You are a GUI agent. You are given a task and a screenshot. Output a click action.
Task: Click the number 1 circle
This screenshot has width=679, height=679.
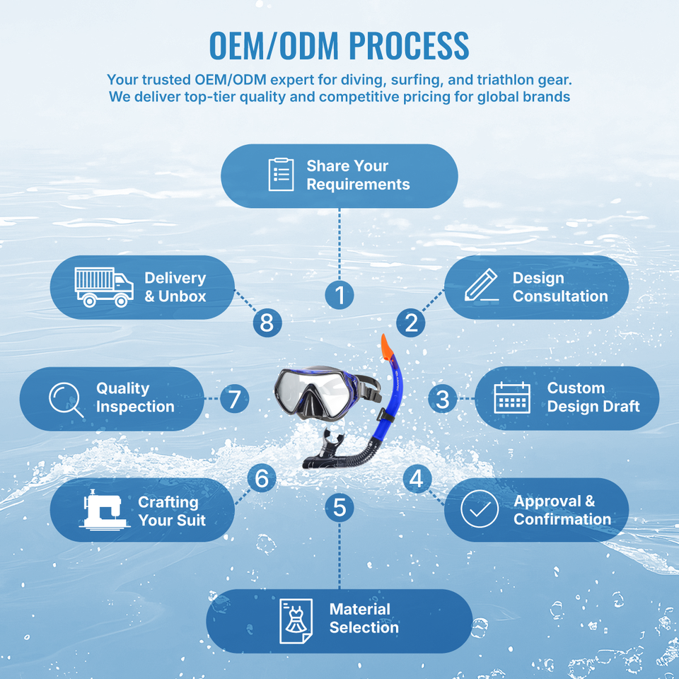[339, 296]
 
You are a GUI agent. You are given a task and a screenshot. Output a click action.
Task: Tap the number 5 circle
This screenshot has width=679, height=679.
[339, 508]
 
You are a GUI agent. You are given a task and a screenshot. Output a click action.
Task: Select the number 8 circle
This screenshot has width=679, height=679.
[267, 323]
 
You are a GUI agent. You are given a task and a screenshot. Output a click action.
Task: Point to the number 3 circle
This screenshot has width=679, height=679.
[443, 399]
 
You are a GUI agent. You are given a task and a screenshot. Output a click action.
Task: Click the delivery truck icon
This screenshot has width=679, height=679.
[104, 287]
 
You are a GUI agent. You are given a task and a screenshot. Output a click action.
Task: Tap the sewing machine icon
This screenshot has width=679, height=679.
[105, 510]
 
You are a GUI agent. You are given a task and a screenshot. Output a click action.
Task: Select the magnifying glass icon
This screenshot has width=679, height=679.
[66, 399]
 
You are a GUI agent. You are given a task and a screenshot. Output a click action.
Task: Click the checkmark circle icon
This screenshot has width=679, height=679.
[480, 509]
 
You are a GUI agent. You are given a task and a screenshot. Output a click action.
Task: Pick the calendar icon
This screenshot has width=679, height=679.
[512, 397]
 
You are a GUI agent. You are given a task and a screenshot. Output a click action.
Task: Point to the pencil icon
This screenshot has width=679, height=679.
[481, 285]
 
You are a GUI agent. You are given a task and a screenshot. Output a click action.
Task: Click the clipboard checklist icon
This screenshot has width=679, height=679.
[281, 175]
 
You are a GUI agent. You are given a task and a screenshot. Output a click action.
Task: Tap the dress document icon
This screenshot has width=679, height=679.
[296, 621]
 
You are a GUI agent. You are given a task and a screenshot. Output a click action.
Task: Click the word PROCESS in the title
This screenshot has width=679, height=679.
[409, 45]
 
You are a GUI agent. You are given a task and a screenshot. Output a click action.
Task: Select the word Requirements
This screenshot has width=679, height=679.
[358, 185]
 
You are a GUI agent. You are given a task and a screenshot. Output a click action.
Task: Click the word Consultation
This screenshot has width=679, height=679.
[560, 296]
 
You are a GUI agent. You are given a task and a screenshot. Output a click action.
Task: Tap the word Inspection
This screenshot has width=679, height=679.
[135, 407]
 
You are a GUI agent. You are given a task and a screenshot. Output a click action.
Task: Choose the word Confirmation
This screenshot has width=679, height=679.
[562, 518]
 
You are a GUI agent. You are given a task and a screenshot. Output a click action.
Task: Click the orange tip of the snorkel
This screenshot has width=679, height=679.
[386, 347]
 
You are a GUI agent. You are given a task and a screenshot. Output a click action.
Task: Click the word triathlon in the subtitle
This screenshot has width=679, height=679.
[504, 80]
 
